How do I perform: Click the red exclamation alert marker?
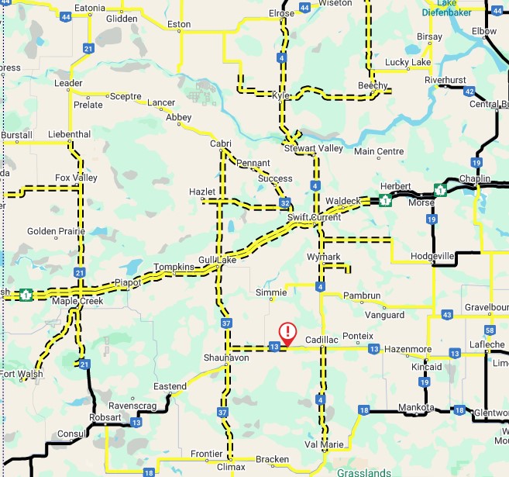tap(287, 334)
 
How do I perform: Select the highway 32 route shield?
tap(286, 203)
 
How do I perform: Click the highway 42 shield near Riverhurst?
tap(469, 92)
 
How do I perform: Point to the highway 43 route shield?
tap(446, 313)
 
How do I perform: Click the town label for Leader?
tap(68, 83)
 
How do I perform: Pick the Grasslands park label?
tap(363, 471)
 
